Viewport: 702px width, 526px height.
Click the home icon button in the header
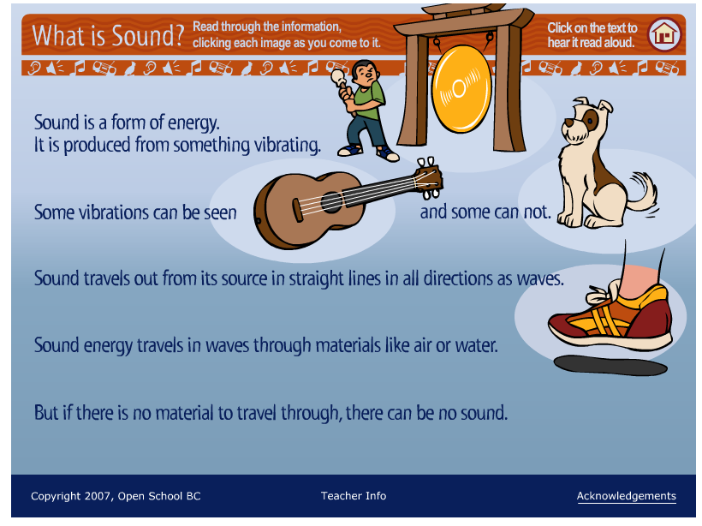coord(663,35)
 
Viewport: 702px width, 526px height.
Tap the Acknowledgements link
coord(626,496)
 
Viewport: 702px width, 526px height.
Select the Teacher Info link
coord(354,496)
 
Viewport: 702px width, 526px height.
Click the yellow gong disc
coord(464,88)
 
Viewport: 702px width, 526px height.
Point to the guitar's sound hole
coord(330,203)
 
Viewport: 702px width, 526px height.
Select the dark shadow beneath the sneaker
coord(610,364)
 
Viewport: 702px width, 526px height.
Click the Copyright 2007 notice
coord(116,496)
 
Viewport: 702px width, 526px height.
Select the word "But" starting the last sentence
coord(48,413)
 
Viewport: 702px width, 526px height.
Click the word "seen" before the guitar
coord(219,212)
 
